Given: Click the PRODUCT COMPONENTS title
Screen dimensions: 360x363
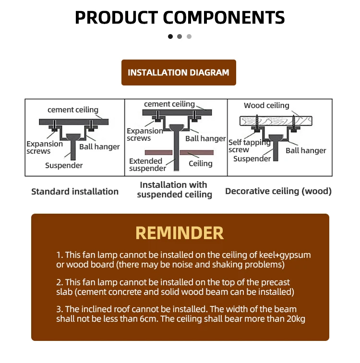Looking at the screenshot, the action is click(x=180, y=17).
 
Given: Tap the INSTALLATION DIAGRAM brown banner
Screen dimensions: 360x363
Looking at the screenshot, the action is click(x=179, y=73).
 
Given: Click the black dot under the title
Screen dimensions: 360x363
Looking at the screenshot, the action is click(x=170, y=36).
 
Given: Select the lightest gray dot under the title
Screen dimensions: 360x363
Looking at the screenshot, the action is click(x=189, y=36).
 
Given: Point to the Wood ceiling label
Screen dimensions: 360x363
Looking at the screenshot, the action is click(x=266, y=106).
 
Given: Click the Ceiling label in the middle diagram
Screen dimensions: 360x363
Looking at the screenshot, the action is click(x=200, y=164).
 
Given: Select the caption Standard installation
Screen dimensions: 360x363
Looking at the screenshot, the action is click(x=75, y=192).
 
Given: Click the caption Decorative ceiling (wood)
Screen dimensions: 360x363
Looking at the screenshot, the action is click(x=278, y=192).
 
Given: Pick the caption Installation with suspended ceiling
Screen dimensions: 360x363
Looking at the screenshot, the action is click(x=174, y=190).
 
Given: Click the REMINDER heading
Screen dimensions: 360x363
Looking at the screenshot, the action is click(x=180, y=233).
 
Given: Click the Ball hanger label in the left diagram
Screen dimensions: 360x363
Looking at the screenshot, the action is click(x=99, y=147).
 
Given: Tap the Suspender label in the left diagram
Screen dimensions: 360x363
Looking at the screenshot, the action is click(x=64, y=166).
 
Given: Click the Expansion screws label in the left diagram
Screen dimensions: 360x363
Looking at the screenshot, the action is click(x=45, y=147).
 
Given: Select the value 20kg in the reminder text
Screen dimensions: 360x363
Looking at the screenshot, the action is click(x=295, y=319).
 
